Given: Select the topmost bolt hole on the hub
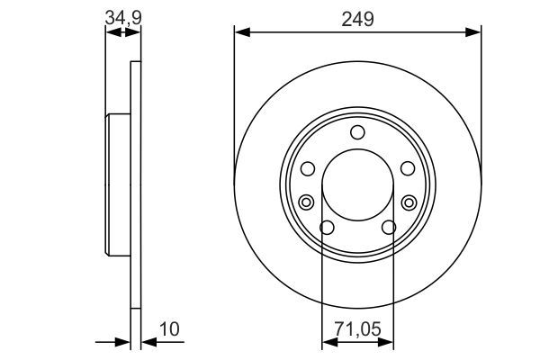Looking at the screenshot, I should pos(357,133).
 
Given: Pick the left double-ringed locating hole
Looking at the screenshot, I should pos(306,201).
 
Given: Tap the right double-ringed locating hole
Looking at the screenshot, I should pos(409,201).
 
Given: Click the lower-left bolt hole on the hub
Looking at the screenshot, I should pos(328,228).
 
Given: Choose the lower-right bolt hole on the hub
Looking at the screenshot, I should pos(389,228).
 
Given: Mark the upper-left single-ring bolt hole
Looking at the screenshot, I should pos(308,168).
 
